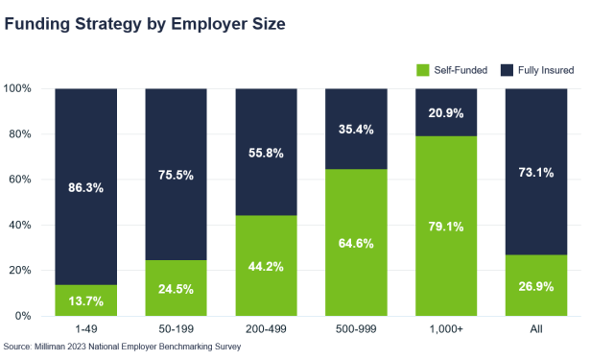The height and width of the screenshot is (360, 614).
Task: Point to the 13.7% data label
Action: pos(85,300)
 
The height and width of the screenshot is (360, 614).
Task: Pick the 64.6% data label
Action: pos(356,242)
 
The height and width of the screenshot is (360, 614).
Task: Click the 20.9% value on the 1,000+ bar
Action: pos(446,112)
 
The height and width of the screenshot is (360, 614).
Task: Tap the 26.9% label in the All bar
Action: pos(536,286)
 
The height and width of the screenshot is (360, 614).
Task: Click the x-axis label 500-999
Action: pos(356,329)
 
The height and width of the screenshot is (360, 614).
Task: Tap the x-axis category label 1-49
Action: pos(85,329)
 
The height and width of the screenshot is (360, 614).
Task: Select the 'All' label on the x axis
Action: pos(536,329)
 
